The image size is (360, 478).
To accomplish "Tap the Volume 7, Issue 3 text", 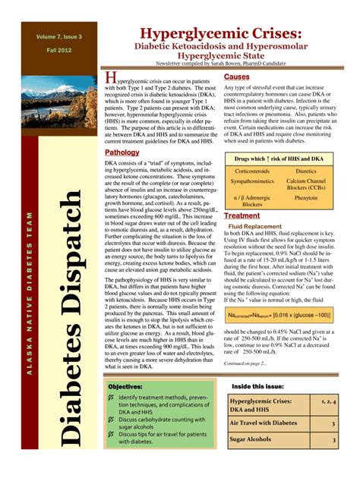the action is (58, 36).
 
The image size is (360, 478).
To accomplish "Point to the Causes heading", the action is (237, 77).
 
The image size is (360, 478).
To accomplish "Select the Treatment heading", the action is (242, 215).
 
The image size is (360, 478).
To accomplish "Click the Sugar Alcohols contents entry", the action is (253, 439).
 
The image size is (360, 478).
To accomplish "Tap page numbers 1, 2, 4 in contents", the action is (328, 401).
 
